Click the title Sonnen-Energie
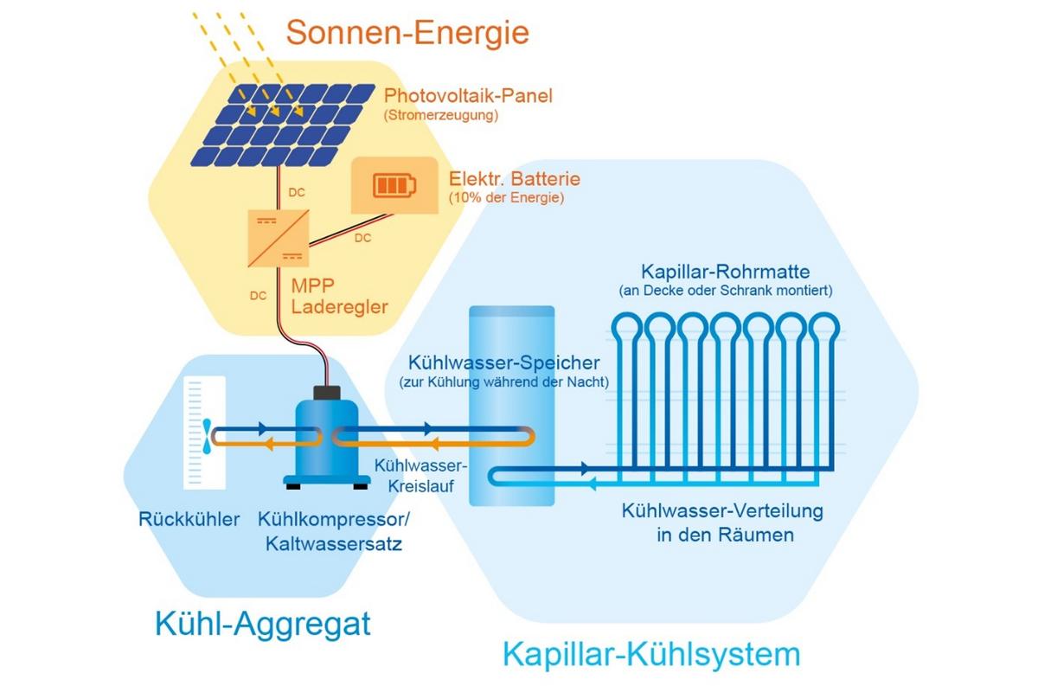(407, 34)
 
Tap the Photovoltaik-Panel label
(468, 95)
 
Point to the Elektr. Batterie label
(514, 179)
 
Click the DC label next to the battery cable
(363, 238)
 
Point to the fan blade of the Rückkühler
(207, 437)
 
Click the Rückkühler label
(189, 520)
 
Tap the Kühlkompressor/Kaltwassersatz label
(334, 532)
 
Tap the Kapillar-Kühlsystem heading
(650, 653)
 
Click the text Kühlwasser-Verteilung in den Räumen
(723, 523)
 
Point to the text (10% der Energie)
(506, 198)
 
